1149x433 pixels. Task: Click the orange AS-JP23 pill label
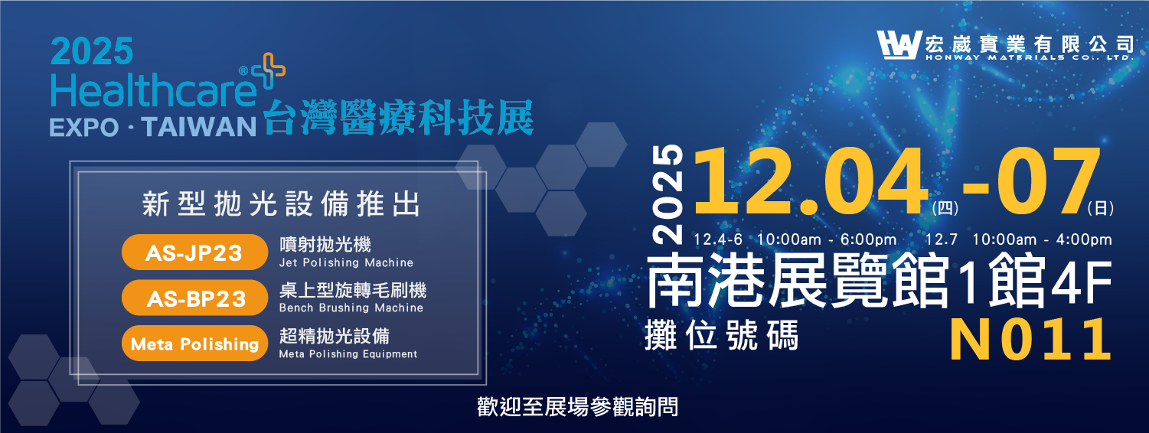[x=194, y=253]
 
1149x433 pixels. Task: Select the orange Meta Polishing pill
[x=194, y=343]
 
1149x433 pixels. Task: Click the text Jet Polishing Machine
[x=346, y=262]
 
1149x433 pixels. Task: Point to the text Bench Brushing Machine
[x=351, y=308]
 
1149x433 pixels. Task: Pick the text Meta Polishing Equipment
[x=348, y=354]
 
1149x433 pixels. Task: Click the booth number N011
[x=1030, y=340]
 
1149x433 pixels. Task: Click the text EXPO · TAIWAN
[x=152, y=126]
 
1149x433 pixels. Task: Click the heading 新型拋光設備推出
[x=281, y=205]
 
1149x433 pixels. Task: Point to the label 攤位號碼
[x=722, y=335]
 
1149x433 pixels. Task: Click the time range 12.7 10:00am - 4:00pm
[x=1018, y=239]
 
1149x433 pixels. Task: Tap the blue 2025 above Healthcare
[x=93, y=52]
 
